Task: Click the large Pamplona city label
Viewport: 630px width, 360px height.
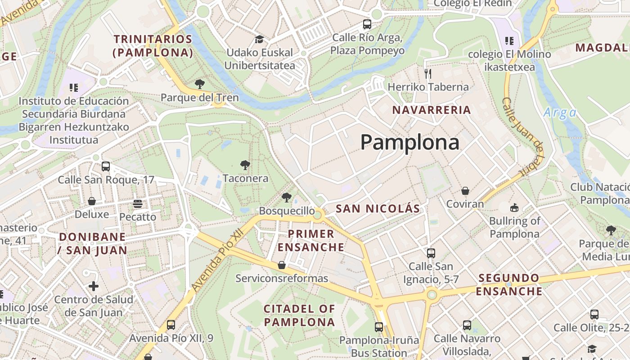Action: pyautogui.click(x=409, y=143)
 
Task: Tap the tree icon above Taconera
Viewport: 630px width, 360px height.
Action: pyautogui.click(x=245, y=165)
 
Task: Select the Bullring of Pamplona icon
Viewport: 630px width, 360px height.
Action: pyautogui.click(x=514, y=207)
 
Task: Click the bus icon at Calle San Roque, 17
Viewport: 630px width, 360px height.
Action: pyautogui.click(x=106, y=166)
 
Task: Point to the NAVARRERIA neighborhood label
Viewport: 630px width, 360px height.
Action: pyautogui.click(x=432, y=110)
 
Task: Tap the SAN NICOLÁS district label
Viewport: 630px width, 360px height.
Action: pyautogui.click(x=378, y=208)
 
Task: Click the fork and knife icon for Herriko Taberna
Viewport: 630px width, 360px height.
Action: pyautogui.click(x=428, y=73)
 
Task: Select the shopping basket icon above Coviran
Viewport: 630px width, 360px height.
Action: pyautogui.click(x=465, y=191)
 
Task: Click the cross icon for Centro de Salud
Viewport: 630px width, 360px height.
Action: pyautogui.click(x=94, y=286)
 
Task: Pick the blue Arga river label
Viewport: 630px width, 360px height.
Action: pyautogui.click(x=559, y=112)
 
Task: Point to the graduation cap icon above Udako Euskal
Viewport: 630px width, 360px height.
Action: pyautogui.click(x=259, y=39)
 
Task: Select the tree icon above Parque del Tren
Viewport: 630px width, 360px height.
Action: pyautogui.click(x=199, y=84)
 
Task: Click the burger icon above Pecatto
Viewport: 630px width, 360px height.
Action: pyautogui.click(x=138, y=203)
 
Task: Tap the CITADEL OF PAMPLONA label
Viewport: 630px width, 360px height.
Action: pyautogui.click(x=299, y=315)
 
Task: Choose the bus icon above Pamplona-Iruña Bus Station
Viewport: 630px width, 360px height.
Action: pyautogui.click(x=379, y=327)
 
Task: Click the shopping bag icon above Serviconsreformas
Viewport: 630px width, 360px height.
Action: pyautogui.click(x=282, y=265)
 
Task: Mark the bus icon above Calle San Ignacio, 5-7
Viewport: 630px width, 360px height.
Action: pyautogui.click(x=431, y=253)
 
